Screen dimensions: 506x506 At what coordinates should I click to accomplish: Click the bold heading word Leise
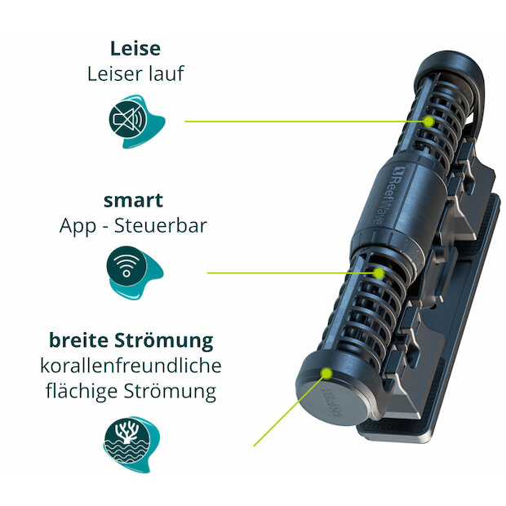pyautogui.click(x=135, y=49)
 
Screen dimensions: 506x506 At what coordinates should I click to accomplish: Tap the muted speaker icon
pyautogui.click(x=128, y=120)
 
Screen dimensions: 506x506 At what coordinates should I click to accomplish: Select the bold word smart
pyautogui.click(x=133, y=201)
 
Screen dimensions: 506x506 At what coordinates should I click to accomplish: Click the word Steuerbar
pyautogui.click(x=161, y=225)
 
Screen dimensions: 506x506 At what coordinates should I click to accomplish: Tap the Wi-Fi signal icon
pyautogui.click(x=126, y=265)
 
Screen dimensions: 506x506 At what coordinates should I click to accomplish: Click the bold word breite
pyautogui.click(x=78, y=340)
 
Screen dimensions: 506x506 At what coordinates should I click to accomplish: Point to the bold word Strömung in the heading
pyautogui.click(x=164, y=341)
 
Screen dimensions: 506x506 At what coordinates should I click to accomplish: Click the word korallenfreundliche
pyautogui.click(x=131, y=366)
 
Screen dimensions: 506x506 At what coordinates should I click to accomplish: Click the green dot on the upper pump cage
pyautogui.click(x=428, y=122)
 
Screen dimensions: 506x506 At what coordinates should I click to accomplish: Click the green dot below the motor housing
pyautogui.click(x=379, y=273)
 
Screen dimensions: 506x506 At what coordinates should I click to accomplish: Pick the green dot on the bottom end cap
pyautogui.click(x=326, y=373)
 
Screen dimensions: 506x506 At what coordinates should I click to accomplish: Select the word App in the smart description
pyautogui.click(x=78, y=227)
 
